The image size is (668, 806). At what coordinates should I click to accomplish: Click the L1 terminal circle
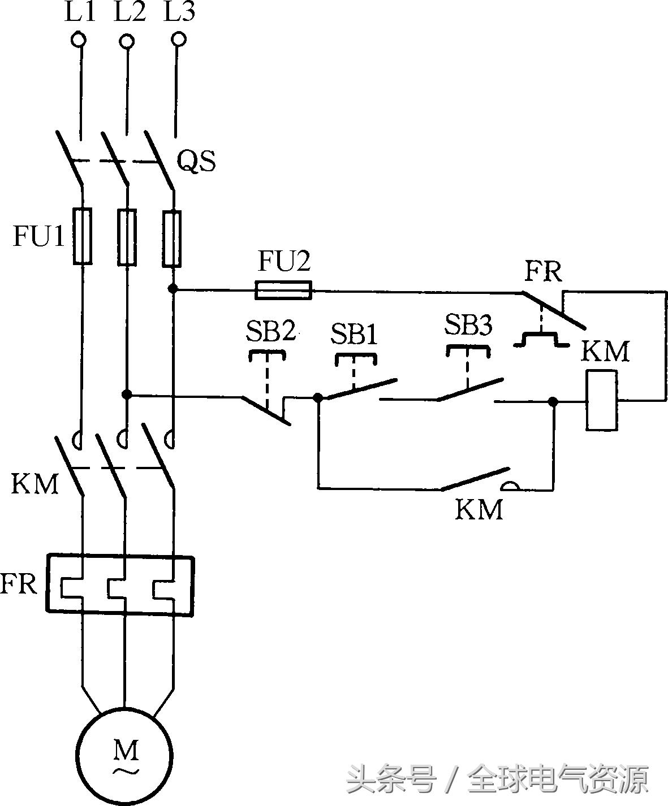click(79, 40)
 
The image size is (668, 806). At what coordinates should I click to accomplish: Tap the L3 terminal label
click(179, 12)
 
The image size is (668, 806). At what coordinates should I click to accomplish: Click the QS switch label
click(196, 162)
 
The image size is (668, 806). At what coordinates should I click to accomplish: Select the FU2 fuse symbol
click(283, 291)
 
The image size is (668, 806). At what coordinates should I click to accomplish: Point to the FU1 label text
click(38, 237)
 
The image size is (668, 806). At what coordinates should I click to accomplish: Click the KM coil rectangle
click(601, 401)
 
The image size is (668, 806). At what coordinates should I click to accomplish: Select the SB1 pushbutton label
click(354, 334)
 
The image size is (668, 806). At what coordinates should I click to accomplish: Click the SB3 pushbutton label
click(468, 325)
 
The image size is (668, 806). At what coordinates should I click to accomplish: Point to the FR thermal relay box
click(120, 584)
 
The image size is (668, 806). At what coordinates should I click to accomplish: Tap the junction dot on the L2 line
click(127, 394)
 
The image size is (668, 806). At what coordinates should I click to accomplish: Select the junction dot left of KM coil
click(553, 402)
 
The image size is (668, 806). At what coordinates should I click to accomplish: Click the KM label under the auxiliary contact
click(479, 509)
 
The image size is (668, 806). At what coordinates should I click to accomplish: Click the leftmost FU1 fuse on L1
click(82, 236)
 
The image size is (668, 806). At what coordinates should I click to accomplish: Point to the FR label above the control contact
click(543, 272)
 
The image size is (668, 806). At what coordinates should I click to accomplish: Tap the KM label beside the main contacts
click(35, 484)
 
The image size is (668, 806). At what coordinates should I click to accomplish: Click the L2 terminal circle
click(128, 41)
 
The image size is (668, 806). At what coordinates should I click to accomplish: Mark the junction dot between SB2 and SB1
click(318, 397)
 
